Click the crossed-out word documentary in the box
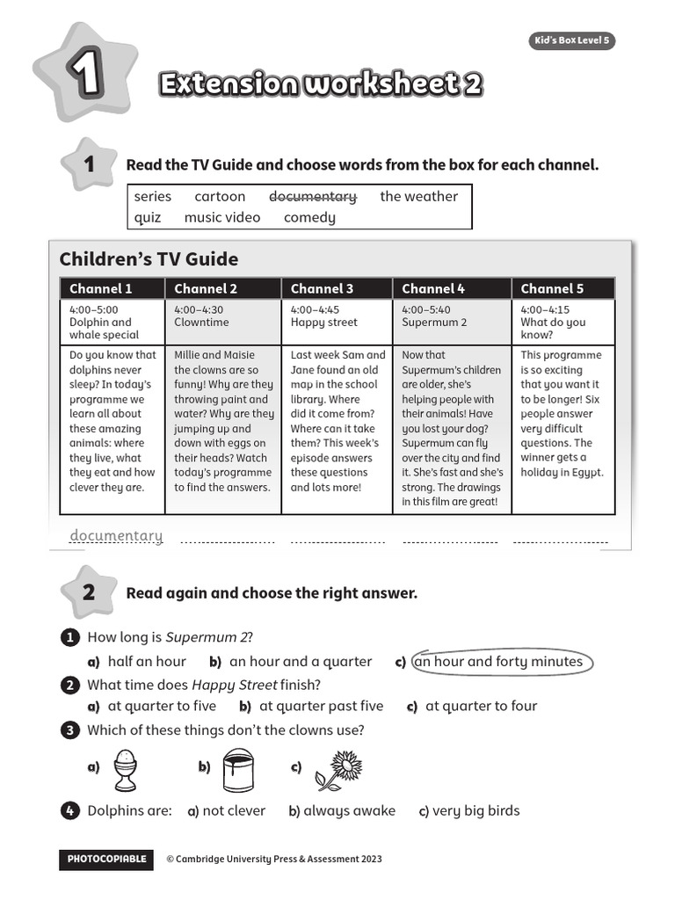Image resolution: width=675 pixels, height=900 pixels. pyautogui.click(x=312, y=197)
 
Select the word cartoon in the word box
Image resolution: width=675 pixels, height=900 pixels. pyautogui.click(x=220, y=197)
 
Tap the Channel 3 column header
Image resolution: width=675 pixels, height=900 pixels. pyautogui.click(x=322, y=288)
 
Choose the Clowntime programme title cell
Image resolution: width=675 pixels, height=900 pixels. pyautogui.click(x=201, y=322)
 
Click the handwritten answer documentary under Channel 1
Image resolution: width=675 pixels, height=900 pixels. pyautogui.click(x=116, y=536)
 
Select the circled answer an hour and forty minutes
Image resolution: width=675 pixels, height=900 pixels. pyautogui.click(x=498, y=662)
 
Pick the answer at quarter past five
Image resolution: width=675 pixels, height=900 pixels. pyautogui.click(x=321, y=706)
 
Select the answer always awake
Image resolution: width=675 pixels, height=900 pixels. pyautogui.click(x=349, y=810)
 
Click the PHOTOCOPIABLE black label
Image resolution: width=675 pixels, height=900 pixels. pyautogui.click(x=106, y=859)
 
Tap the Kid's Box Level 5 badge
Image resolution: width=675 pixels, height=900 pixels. pyautogui.click(x=571, y=40)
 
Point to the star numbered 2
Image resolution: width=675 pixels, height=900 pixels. pyautogui.click(x=88, y=592)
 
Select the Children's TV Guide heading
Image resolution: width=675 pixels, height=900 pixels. pyautogui.click(x=149, y=259)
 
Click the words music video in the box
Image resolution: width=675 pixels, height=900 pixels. pyautogui.click(x=222, y=217)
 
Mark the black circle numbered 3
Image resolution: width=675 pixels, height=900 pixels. pyautogui.click(x=69, y=730)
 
